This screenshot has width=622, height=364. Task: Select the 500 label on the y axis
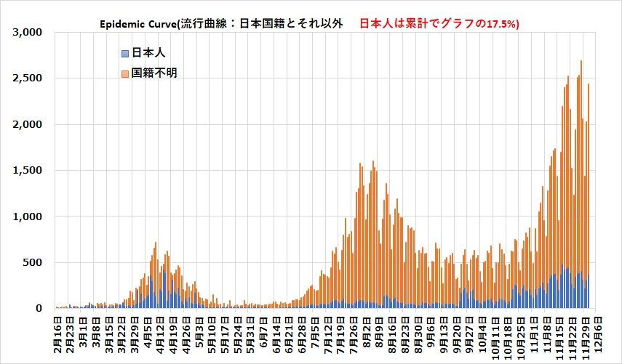click(35, 262)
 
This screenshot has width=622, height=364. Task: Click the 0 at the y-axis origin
click(41, 308)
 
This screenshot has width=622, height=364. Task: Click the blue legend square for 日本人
click(125, 53)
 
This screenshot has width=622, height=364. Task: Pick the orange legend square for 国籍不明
click(125, 73)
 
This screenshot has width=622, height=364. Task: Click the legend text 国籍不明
click(155, 73)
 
